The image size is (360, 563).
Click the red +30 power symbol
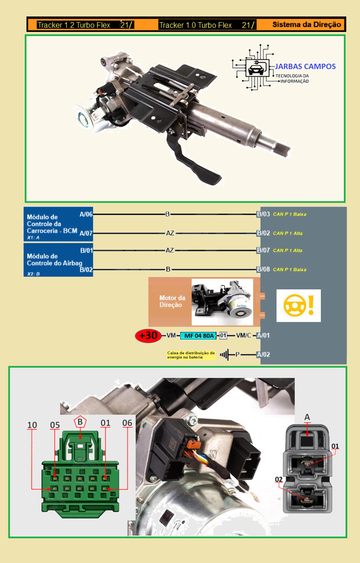(148, 335)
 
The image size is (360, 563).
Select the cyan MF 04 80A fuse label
(199, 336)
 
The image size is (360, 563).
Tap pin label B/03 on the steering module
(263, 214)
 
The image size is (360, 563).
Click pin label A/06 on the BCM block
(86, 214)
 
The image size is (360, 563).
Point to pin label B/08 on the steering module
(263, 269)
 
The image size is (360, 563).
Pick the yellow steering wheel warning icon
(298, 305)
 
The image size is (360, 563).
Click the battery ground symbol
(225, 355)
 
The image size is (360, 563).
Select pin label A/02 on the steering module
(263, 355)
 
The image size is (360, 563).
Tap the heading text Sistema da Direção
(306, 25)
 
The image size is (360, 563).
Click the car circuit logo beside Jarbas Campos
(256, 67)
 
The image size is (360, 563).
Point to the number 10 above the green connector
(32, 425)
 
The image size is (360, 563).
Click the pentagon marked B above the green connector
(80, 422)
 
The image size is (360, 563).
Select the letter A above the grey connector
(307, 417)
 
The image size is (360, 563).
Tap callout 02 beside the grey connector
(279, 479)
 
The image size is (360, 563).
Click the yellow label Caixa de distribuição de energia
(191, 355)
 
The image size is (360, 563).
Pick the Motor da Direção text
(172, 301)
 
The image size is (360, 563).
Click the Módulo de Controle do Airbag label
(54, 260)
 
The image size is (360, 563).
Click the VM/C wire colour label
(244, 335)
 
